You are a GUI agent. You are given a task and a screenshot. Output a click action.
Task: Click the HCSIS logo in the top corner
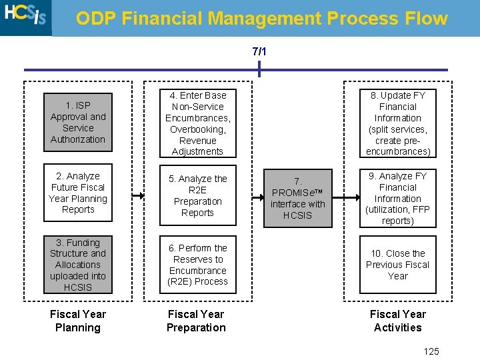point(25,17)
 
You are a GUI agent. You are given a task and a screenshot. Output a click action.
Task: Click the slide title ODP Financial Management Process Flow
point(261,18)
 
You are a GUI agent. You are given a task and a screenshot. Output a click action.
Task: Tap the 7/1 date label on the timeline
point(259,51)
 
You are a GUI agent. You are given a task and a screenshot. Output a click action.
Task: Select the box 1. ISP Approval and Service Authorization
point(78,123)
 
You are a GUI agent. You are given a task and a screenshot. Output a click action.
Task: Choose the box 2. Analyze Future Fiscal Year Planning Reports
point(78,193)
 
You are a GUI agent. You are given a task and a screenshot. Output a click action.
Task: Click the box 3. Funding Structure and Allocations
point(78,265)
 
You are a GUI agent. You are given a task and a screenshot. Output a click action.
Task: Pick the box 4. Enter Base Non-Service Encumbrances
point(197,123)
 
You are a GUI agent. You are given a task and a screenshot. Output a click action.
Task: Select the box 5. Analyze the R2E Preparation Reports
point(197,196)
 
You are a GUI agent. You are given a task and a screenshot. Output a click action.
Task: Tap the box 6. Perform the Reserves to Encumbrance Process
point(197,265)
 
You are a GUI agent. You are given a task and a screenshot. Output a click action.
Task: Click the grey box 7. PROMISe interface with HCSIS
point(297,198)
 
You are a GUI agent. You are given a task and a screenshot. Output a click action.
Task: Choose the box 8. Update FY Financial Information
point(397,123)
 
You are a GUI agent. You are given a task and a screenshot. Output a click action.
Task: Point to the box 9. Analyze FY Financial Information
point(397,198)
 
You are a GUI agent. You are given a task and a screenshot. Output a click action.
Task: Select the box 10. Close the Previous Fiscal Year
point(397,265)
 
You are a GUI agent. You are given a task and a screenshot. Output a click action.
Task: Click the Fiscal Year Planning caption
point(78,321)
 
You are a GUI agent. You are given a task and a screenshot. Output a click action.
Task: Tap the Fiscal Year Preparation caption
point(196,321)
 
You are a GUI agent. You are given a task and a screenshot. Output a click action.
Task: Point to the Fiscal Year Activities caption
point(397,321)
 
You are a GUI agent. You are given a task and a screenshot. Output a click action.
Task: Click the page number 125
point(431,351)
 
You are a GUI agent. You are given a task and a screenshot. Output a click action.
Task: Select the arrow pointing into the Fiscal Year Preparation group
point(138,196)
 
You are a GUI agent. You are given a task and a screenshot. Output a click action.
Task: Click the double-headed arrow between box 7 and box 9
point(345,198)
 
